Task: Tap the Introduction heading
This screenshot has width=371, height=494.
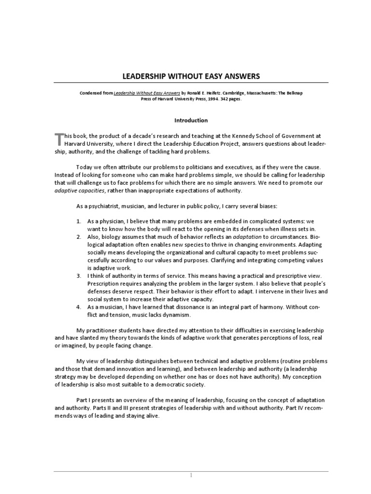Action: pyautogui.click(x=191, y=120)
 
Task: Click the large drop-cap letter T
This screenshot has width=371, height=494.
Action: pyautogui.click(x=59, y=139)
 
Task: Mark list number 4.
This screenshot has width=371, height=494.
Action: pyautogui.click(x=79, y=307)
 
